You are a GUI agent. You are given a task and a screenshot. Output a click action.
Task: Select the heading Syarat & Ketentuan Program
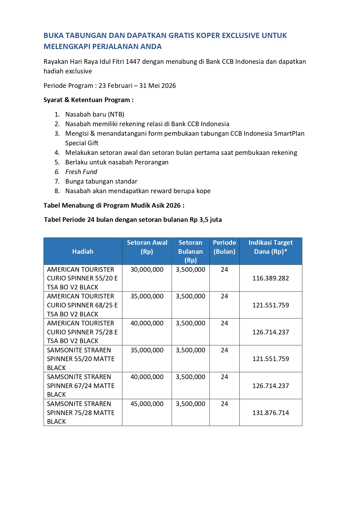click(x=88, y=100)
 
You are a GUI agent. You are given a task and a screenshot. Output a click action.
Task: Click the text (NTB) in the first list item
click(x=116, y=114)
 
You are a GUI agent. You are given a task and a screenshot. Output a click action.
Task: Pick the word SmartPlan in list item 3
click(x=289, y=133)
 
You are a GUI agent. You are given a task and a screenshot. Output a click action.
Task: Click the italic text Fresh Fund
click(x=81, y=172)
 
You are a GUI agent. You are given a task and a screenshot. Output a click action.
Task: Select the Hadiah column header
click(x=83, y=251)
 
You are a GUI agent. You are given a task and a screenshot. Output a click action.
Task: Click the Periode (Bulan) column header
click(x=224, y=247)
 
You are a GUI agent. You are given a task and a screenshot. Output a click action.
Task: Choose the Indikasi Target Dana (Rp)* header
click(x=270, y=247)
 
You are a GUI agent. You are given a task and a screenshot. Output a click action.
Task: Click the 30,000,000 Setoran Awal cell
click(x=147, y=269)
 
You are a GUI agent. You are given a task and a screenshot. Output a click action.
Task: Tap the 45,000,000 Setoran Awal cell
click(x=147, y=404)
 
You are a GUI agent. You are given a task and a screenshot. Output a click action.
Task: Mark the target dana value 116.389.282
click(x=270, y=278)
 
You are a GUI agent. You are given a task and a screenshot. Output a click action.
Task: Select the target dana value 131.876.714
click(x=270, y=413)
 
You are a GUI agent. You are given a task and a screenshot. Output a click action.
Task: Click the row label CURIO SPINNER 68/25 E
click(x=82, y=305)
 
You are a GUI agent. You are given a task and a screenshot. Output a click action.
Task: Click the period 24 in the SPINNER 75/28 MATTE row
click(x=224, y=404)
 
